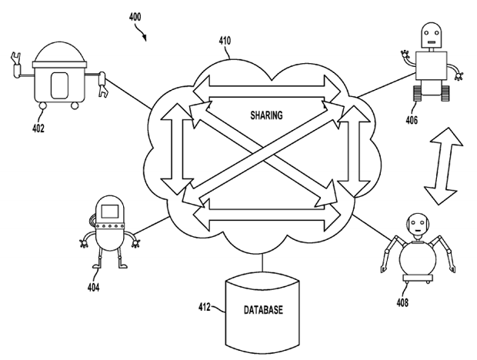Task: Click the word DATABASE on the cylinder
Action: click(x=263, y=310)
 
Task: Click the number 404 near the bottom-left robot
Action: click(x=93, y=290)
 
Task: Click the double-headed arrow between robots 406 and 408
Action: click(x=444, y=167)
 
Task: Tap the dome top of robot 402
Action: click(x=60, y=54)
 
